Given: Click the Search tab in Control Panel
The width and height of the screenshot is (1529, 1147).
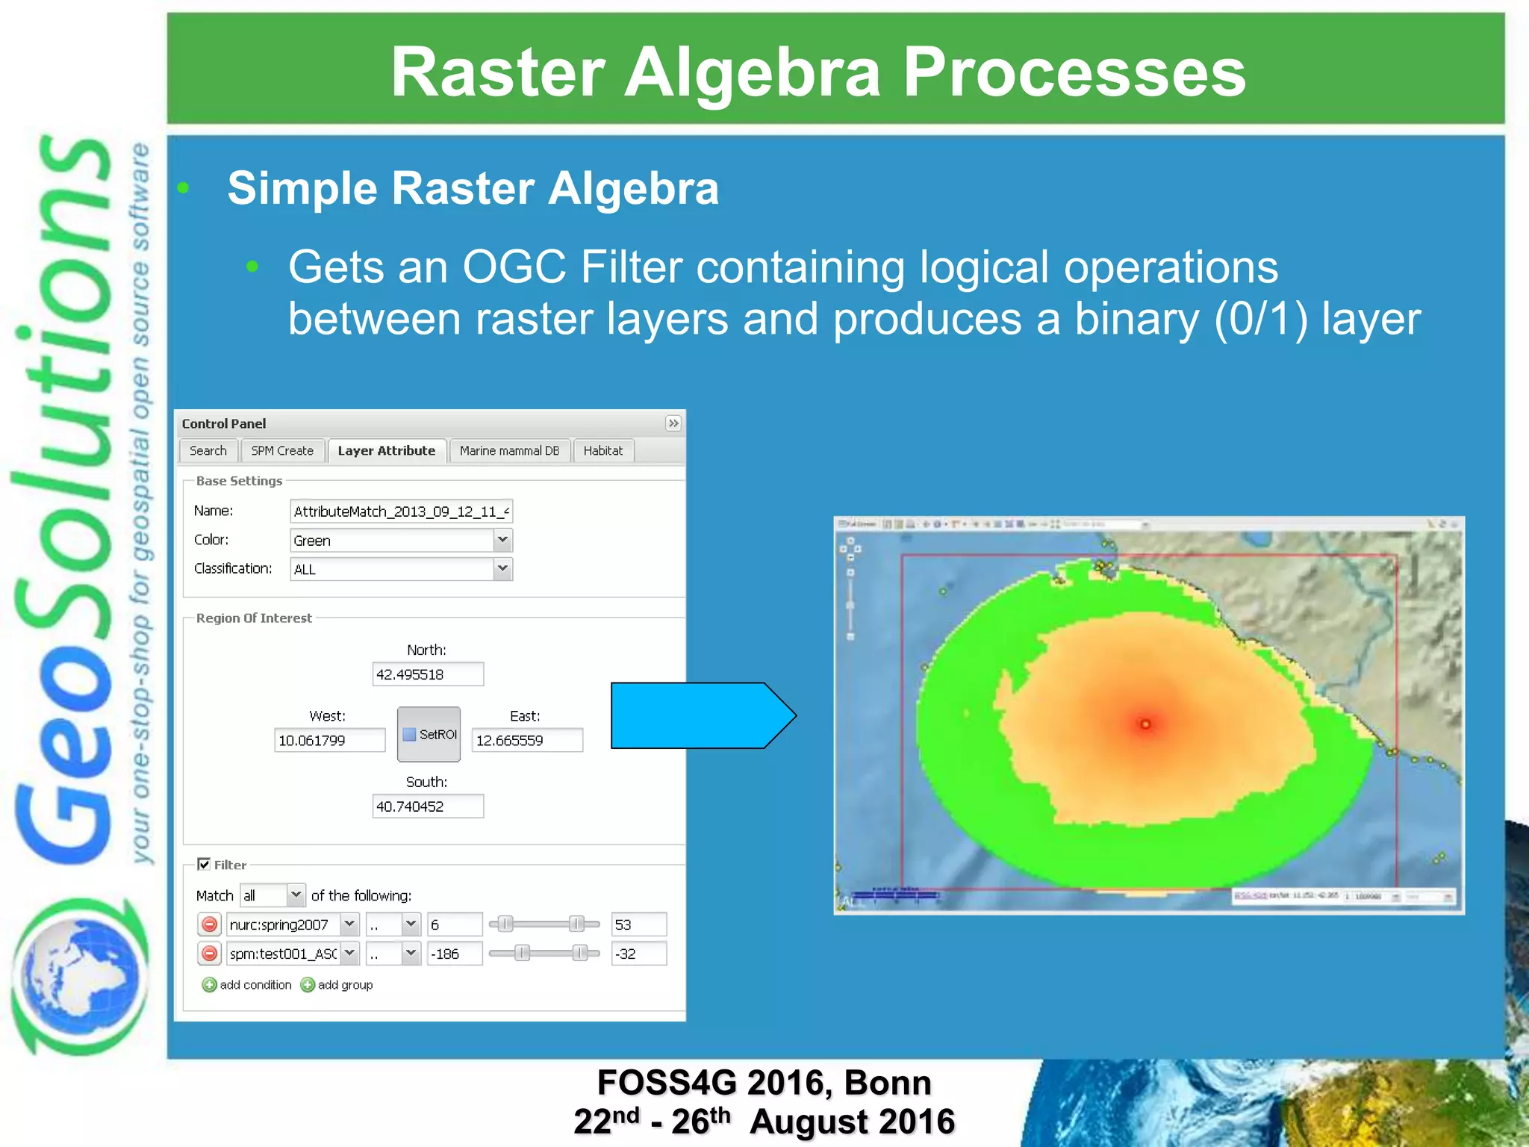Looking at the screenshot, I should (208, 451).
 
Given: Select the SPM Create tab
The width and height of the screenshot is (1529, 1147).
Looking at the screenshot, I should (282, 451).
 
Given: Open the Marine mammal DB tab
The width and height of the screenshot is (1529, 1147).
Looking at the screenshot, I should (509, 451).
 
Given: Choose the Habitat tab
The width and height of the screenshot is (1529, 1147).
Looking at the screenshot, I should (602, 451).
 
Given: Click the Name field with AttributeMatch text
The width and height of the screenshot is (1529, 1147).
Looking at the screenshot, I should (401, 512).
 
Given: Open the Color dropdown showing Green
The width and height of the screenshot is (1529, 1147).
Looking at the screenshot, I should (502, 540).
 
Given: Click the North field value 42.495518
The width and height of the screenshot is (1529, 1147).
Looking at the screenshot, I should (427, 674).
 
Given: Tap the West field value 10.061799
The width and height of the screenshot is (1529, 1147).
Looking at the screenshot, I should (329, 741).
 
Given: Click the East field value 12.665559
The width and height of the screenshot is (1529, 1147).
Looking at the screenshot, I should (526, 741).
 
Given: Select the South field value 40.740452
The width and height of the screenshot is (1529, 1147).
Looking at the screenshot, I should (427, 806).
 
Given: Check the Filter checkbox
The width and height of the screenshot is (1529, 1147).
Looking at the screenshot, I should (204, 864).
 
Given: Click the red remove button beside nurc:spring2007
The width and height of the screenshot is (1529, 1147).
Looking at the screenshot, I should (210, 924).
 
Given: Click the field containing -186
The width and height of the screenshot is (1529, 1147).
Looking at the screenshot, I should (454, 954).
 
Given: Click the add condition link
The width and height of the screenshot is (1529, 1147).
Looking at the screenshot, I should (248, 985).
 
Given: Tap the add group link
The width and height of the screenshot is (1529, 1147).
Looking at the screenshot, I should (337, 985).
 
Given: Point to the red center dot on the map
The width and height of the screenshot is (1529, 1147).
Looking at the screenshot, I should (1145, 724).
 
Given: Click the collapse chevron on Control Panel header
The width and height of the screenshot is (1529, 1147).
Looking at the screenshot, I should (673, 423).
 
